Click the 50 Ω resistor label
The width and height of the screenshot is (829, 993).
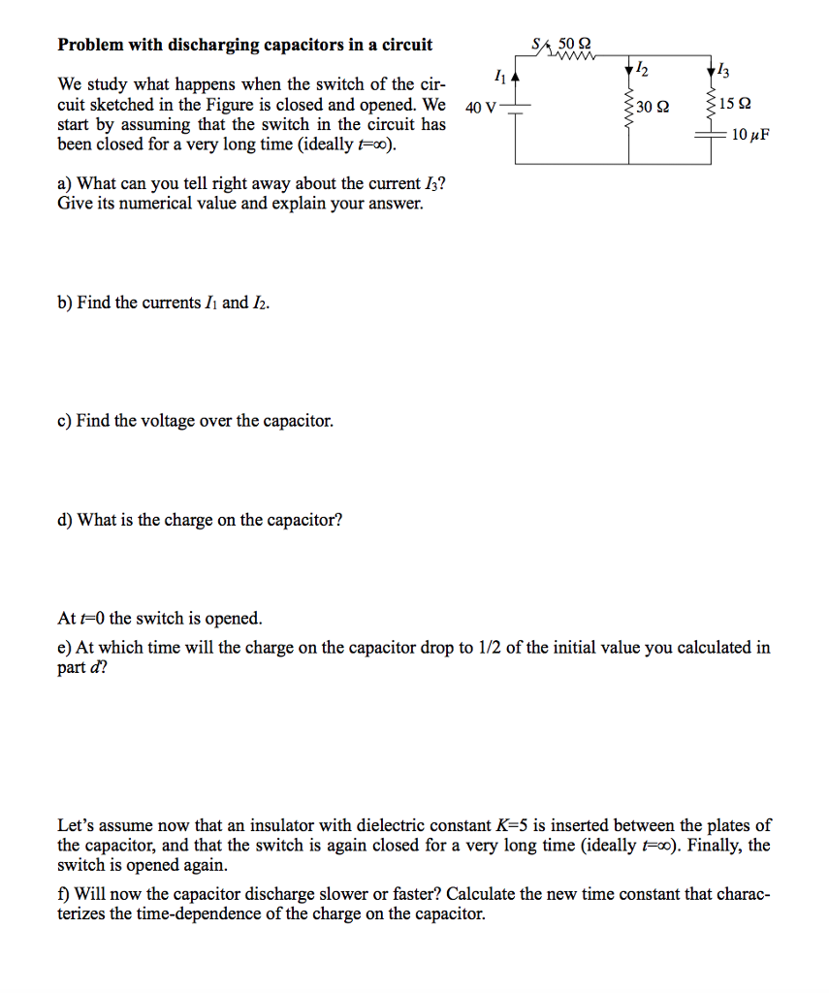click(x=574, y=44)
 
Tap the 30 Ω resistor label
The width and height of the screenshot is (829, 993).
click(x=654, y=107)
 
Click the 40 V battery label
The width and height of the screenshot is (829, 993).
click(x=480, y=107)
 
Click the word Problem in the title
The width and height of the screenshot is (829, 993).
click(x=91, y=45)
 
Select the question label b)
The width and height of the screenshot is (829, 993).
click(x=66, y=303)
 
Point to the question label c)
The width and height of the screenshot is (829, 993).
click(x=65, y=421)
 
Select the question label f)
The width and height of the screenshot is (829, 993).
click(x=65, y=894)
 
